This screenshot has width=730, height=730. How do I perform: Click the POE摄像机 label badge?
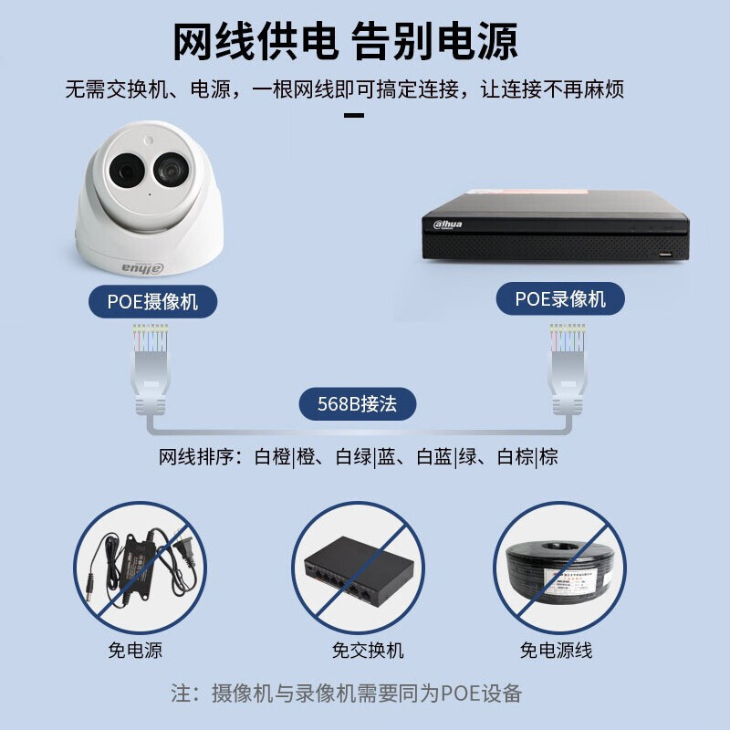coord(152,302)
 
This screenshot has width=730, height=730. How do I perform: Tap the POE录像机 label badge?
coord(560,298)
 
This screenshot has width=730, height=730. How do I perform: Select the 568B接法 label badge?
coord(357,403)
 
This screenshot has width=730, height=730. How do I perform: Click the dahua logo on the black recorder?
coord(447,224)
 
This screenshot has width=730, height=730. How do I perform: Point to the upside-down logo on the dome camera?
coord(143,268)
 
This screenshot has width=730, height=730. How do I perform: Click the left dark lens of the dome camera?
coord(126,170)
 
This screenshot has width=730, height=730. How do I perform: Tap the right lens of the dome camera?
coord(171,169)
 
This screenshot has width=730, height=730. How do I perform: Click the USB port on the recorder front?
coord(665,255)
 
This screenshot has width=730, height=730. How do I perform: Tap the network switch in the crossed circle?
coord(359,569)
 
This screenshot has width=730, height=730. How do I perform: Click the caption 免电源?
coord(135,650)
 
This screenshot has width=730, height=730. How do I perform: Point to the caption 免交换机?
coord(368,650)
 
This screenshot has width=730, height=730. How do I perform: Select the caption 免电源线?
coord(557,650)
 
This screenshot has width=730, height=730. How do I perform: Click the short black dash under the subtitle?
coord(354,116)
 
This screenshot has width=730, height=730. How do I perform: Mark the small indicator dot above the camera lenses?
coord(149,141)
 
